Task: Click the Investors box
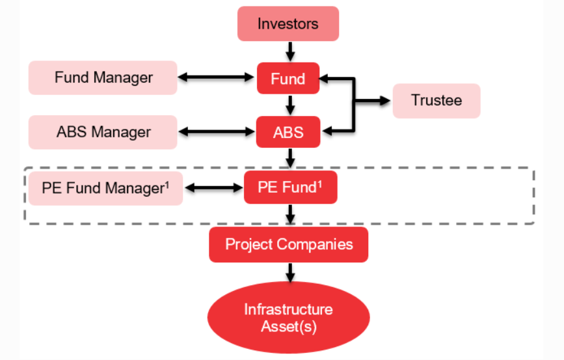coord(288,24)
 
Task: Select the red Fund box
coord(288,79)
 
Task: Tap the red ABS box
coord(288,132)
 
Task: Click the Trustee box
coord(436,101)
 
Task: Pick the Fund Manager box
coord(103,77)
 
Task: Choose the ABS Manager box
coord(103,132)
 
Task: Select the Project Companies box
coord(289,245)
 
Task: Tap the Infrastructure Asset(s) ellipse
coord(288,318)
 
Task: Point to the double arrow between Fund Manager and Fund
coord(217,77)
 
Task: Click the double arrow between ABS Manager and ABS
coord(217,132)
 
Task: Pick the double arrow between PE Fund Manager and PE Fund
coord(213,188)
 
